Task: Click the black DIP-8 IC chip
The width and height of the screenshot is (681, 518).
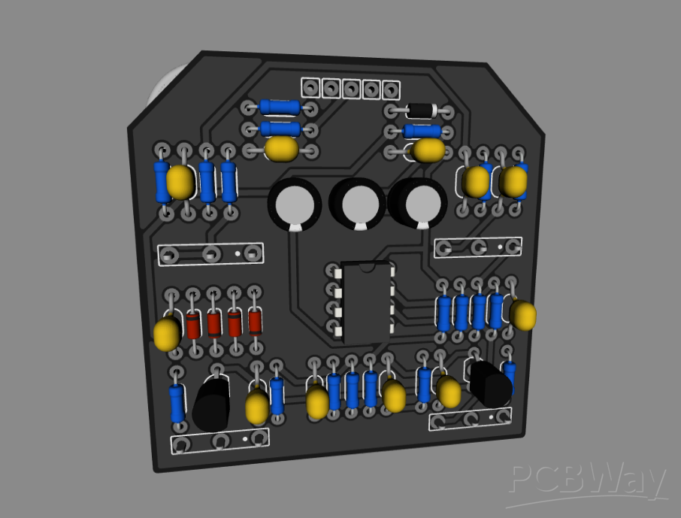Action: click(x=367, y=301)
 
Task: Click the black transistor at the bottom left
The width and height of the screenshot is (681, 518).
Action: click(x=211, y=404)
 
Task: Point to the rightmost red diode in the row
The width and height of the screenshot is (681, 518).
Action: click(x=255, y=323)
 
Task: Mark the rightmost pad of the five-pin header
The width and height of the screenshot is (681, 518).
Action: click(x=391, y=90)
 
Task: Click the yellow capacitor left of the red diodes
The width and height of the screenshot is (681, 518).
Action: click(x=167, y=334)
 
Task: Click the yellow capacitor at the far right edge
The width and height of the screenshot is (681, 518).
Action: click(x=523, y=316)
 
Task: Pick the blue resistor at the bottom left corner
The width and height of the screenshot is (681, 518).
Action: click(x=177, y=404)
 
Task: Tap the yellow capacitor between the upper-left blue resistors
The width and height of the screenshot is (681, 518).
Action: click(x=180, y=182)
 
